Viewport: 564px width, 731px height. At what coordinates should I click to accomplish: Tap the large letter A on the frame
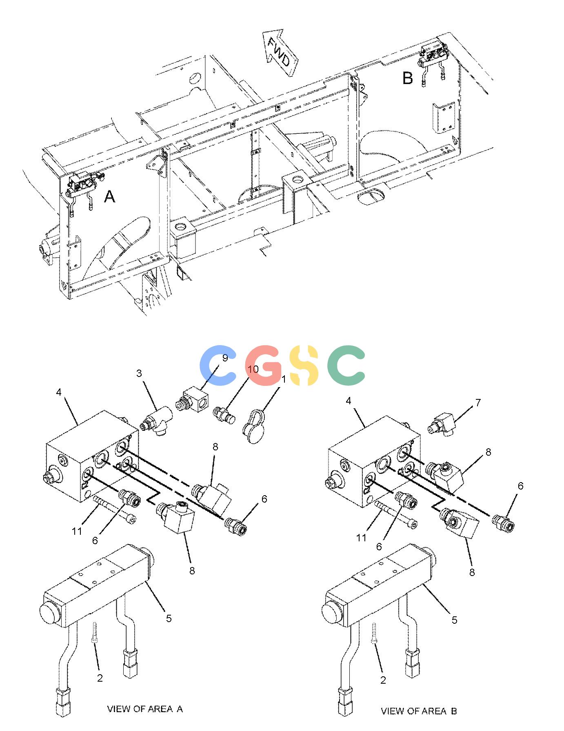(110, 197)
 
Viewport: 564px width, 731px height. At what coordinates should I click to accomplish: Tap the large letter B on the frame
(408, 78)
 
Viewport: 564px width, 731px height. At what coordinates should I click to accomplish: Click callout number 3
(139, 373)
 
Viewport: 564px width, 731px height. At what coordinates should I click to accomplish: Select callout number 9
(225, 358)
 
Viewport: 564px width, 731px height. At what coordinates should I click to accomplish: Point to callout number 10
(253, 369)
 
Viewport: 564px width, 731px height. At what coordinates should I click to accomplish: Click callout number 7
(478, 403)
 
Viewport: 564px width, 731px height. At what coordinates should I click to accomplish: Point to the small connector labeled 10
(224, 414)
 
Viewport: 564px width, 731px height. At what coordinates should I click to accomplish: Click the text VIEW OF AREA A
(145, 709)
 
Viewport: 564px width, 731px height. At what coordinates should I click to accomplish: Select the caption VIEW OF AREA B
(419, 711)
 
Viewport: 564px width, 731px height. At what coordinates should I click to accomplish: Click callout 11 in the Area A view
(77, 531)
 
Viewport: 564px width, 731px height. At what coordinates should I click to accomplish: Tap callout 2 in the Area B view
(383, 680)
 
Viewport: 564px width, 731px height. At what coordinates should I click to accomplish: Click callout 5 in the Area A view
(169, 618)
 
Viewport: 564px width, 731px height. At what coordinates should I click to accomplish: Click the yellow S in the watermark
(303, 365)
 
